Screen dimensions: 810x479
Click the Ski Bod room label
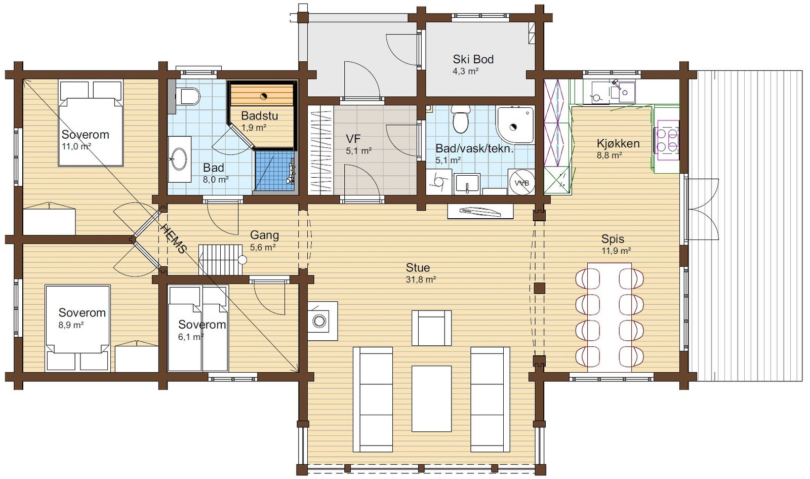point(473,59)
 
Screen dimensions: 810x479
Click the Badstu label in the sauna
point(259,116)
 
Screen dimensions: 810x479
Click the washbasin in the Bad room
point(180,159)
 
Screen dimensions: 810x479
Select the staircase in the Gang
point(220,260)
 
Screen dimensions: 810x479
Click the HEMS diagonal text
point(174,238)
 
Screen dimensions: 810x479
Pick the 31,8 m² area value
point(421,280)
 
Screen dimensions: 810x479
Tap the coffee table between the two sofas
point(432,398)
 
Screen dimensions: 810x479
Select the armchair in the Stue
point(432,328)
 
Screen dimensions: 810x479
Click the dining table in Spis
point(610,317)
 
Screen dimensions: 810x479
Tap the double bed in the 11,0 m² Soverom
point(91,124)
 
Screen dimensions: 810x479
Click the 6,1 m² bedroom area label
point(191,337)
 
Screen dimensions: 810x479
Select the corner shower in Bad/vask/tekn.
point(515,125)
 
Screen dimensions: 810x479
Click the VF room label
point(353,139)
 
